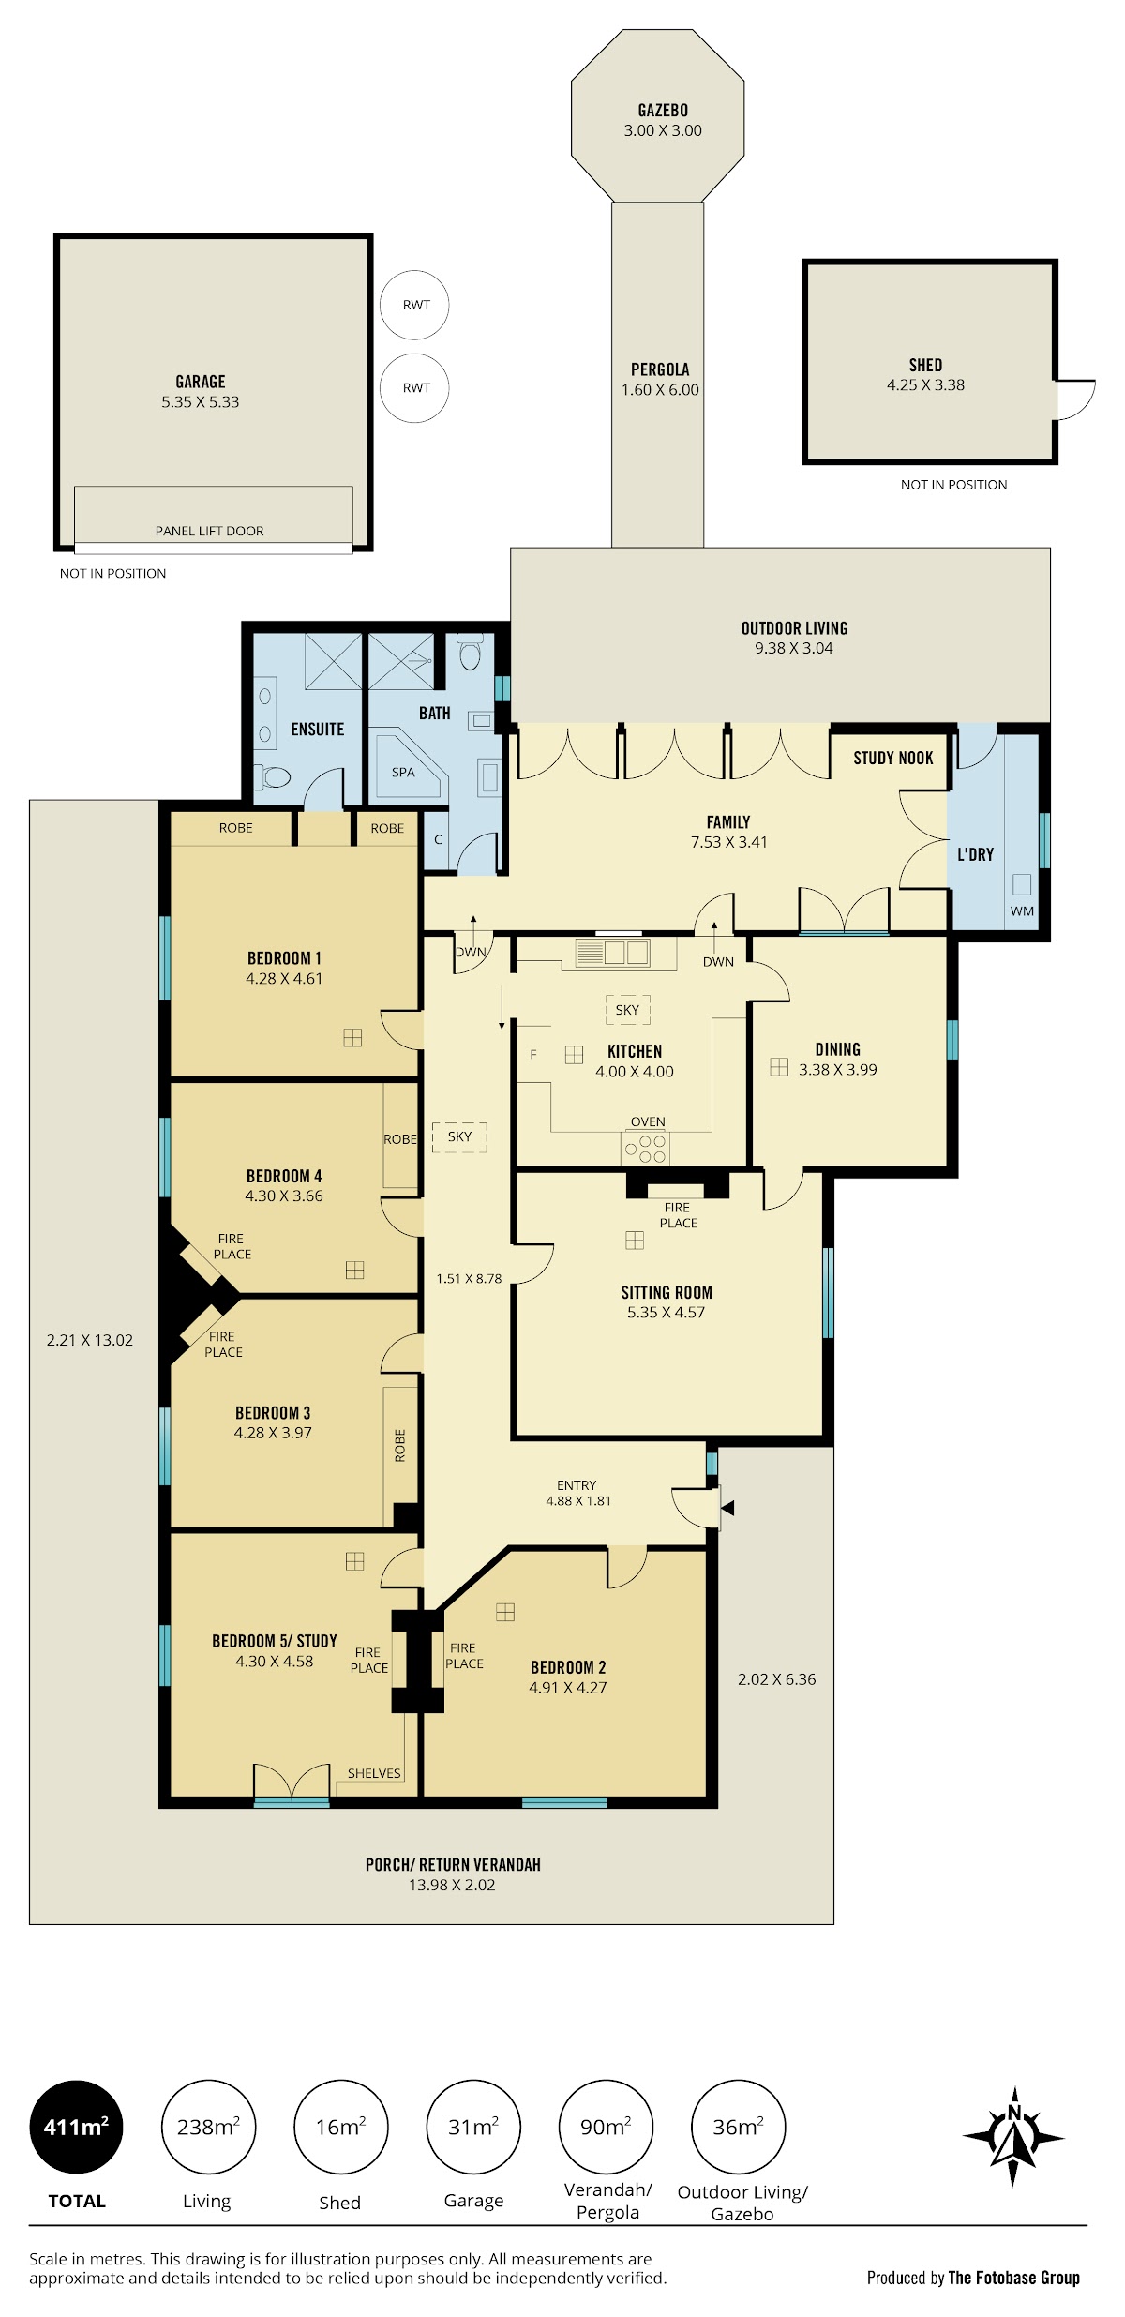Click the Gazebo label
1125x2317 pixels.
point(663,111)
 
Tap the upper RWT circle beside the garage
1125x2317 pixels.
point(414,305)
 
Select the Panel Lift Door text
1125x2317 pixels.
point(209,531)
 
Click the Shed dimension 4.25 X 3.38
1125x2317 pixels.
point(925,384)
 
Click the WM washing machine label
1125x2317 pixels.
point(1022,910)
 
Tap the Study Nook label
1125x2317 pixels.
point(892,758)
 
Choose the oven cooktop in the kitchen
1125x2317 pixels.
point(646,1148)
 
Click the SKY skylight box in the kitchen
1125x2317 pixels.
point(627,1010)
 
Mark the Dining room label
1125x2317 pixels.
point(837,1049)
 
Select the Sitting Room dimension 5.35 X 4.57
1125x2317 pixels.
point(666,1312)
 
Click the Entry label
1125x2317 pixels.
point(577,1485)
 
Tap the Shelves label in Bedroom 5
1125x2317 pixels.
point(374,1773)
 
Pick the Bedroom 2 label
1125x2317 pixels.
point(568,1667)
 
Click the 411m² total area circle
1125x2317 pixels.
point(76,2127)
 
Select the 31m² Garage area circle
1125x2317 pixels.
point(472,2127)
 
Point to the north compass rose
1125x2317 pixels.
point(1013,2137)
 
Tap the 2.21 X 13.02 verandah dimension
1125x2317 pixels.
point(90,1340)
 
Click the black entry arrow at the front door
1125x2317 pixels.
point(727,1508)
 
